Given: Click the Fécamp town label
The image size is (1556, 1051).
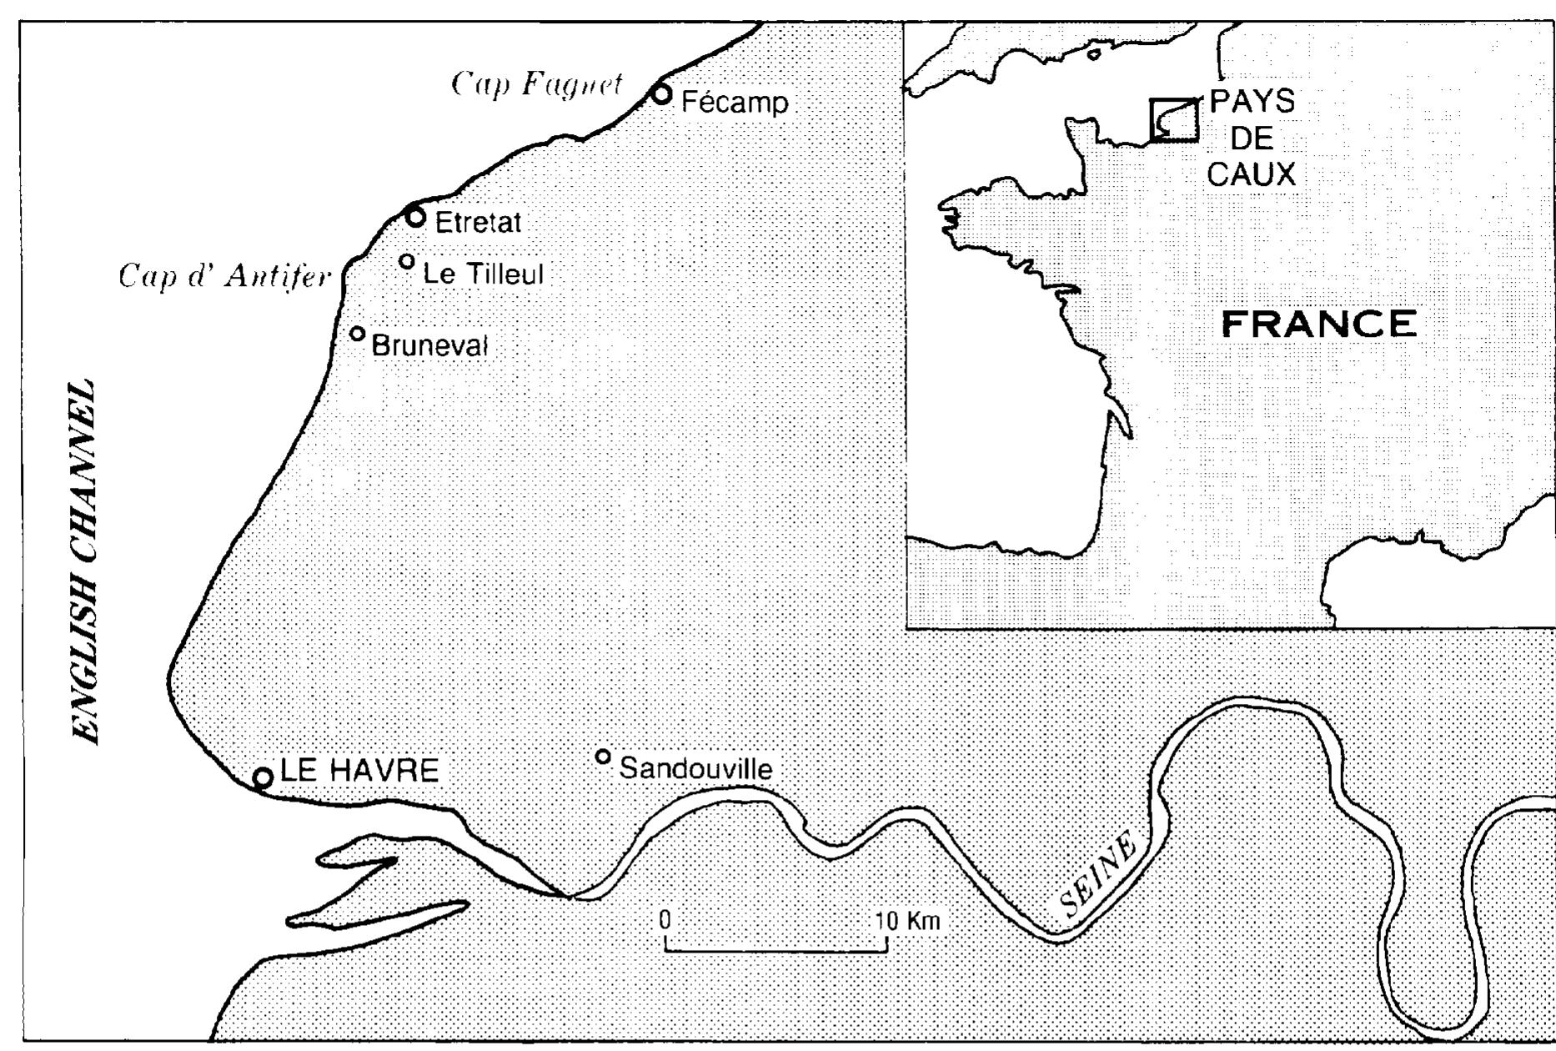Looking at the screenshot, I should click(x=734, y=103).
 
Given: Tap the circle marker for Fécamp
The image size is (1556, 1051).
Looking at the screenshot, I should click(x=661, y=94).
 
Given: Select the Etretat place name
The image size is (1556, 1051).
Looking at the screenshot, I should click(x=478, y=223).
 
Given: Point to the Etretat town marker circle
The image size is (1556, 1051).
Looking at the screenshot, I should click(x=416, y=217).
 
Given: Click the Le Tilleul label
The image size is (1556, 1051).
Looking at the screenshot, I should click(x=483, y=274).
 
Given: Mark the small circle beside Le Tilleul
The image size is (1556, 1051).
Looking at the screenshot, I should click(x=407, y=262).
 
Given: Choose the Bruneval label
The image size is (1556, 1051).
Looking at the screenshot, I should click(x=429, y=344).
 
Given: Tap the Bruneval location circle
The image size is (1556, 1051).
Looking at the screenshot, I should click(x=357, y=334).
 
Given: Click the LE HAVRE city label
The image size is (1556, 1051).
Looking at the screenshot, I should click(x=359, y=771).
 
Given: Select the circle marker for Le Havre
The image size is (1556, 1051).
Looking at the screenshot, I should click(x=263, y=778).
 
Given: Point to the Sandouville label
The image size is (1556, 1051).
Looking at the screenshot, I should click(x=695, y=768).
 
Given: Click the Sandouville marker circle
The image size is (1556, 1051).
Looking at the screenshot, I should click(x=603, y=757).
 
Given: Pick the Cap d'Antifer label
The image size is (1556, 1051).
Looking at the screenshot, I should click(x=225, y=276).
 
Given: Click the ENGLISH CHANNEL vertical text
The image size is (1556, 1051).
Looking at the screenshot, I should click(x=85, y=563).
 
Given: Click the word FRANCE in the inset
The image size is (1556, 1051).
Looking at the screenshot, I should click(x=1319, y=324).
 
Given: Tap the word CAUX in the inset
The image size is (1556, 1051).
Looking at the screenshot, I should click(x=1251, y=174).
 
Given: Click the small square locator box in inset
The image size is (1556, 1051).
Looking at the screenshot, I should click(x=1174, y=120).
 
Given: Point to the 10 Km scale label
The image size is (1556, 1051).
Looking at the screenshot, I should click(x=907, y=921).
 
